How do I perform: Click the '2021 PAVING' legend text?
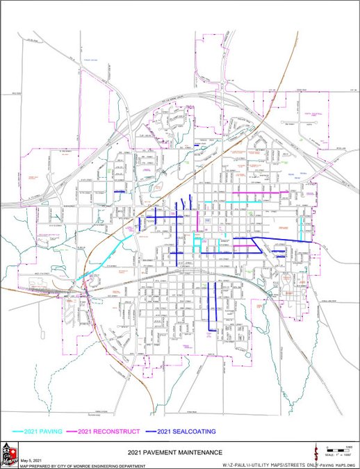tap(44, 431)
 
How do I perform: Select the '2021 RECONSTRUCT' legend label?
tap(113, 431)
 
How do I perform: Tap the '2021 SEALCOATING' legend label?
tap(186, 431)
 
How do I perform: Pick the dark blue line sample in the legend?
tap(149, 431)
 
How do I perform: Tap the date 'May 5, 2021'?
tap(31, 460)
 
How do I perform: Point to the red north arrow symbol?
tap(317, 452)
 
